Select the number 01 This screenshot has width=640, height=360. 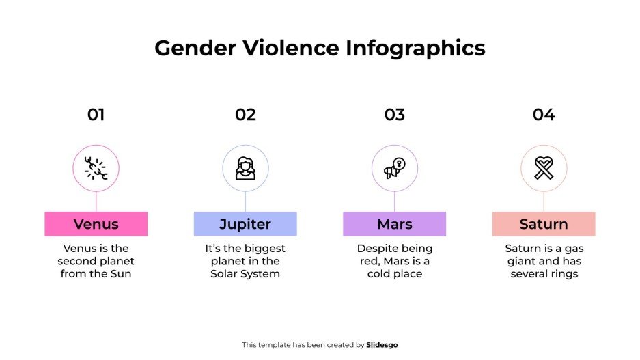point(96,115)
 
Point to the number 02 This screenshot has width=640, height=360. point(245,115)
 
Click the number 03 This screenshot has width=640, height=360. point(395,115)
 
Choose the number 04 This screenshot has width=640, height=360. point(544,115)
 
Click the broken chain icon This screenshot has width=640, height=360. point(96,168)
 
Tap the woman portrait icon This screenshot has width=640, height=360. point(245,168)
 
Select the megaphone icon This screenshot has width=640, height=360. point(395,168)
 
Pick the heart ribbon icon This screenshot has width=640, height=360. point(544,168)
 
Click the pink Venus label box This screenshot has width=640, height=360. point(96,224)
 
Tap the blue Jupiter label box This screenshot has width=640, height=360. point(245,224)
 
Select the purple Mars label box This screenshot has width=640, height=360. point(395,224)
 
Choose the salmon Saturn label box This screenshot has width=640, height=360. point(544,224)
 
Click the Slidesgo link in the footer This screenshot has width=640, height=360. point(382,345)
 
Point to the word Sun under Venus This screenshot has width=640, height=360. point(120,274)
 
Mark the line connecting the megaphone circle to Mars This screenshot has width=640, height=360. point(395,202)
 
